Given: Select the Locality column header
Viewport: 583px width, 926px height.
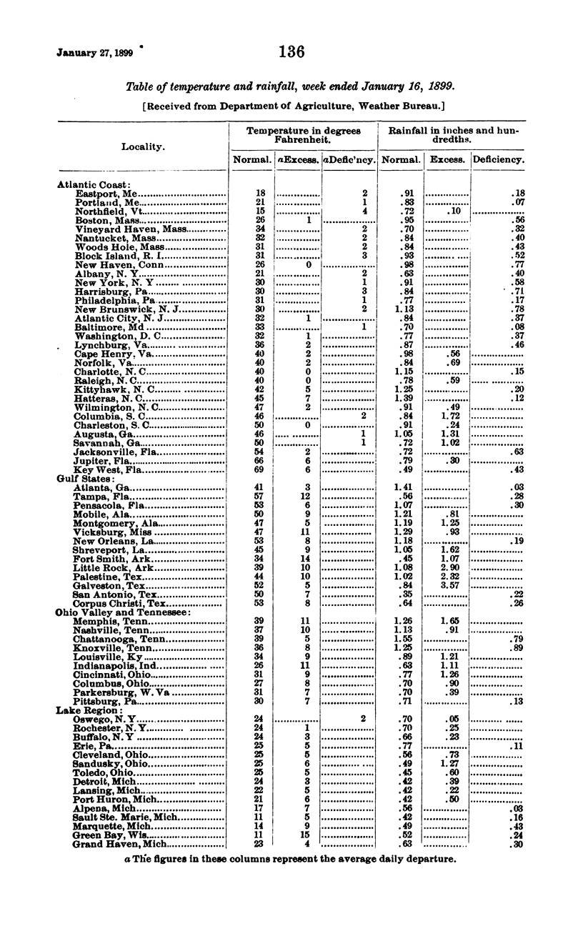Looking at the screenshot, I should tap(143, 146).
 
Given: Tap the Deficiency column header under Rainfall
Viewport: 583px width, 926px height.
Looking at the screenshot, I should tap(499, 160).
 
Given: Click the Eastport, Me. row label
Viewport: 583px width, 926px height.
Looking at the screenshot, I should tap(106, 194).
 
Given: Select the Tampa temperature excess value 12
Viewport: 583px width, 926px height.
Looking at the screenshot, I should tap(307, 496).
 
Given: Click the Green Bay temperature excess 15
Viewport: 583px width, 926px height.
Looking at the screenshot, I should tap(307, 835).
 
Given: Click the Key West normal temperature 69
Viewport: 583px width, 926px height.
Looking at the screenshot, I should tap(260, 469).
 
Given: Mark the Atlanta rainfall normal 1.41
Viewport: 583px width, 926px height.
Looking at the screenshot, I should tap(404, 487).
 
